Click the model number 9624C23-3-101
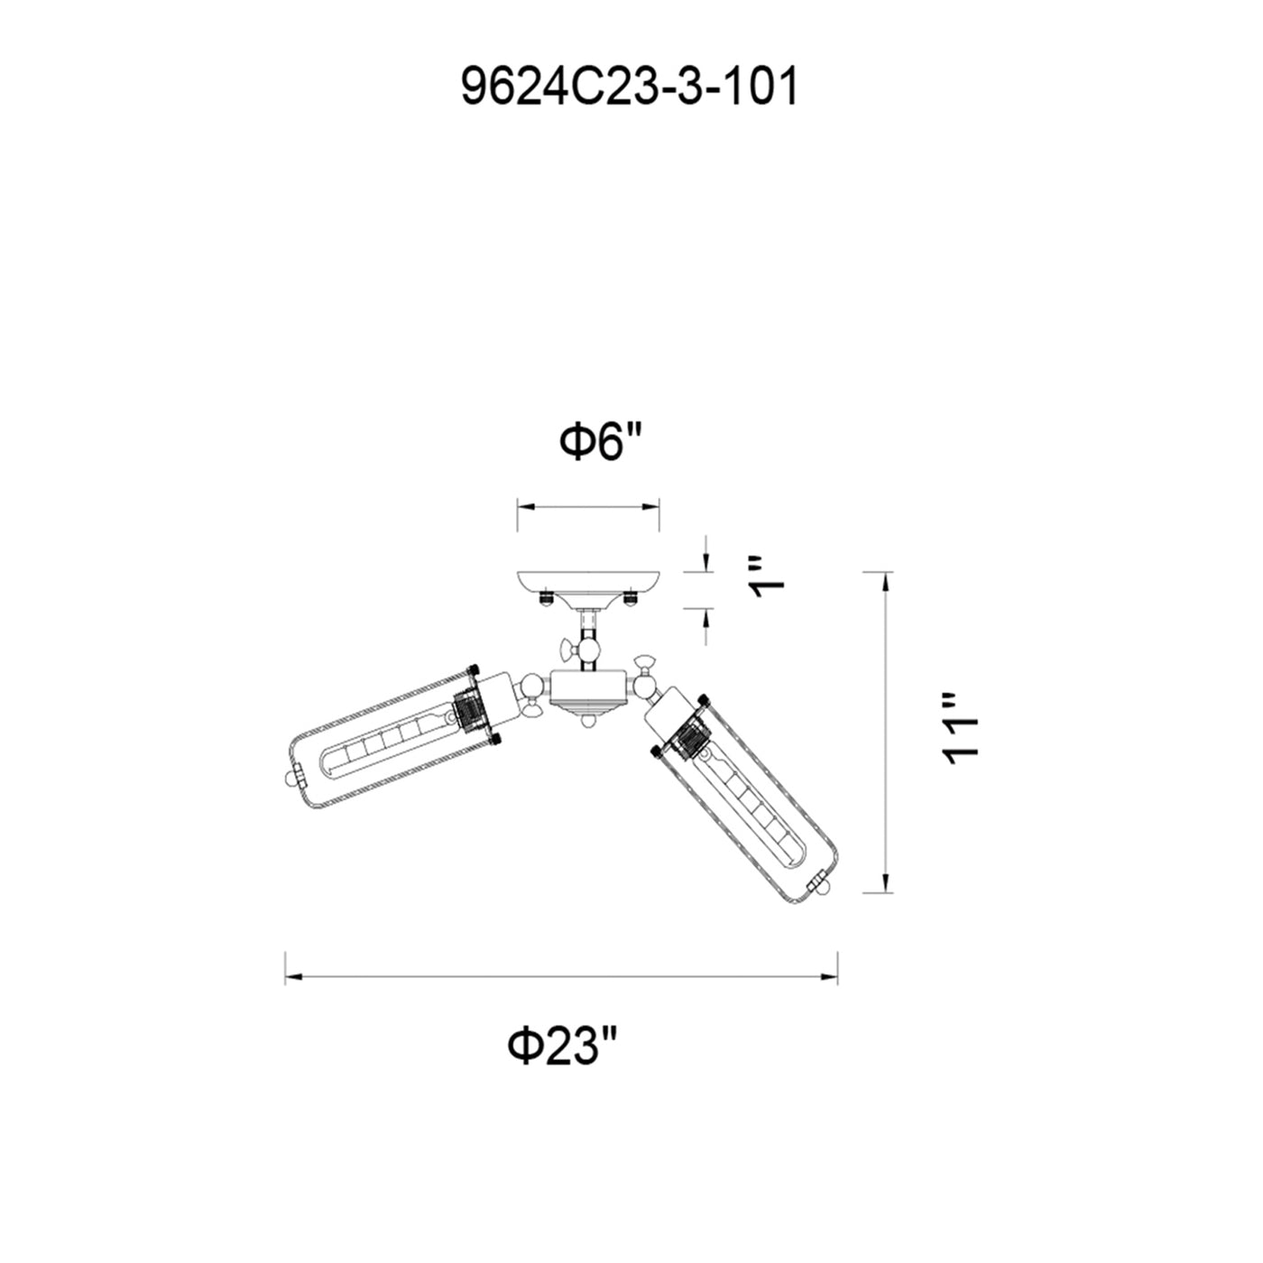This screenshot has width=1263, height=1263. point(630,88)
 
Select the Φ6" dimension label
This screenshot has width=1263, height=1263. point(599,443)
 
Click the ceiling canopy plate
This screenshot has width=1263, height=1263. point(588,584)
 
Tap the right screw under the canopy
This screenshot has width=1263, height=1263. point(631,598)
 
